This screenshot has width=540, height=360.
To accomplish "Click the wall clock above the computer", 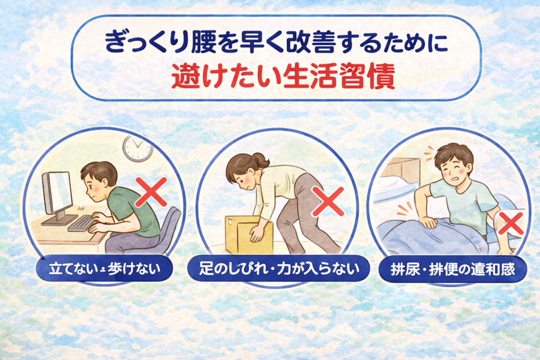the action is tap(138, 148).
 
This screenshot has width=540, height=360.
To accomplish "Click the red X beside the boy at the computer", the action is tap(151, 192).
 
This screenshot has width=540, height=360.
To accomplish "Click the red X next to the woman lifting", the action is tap(328, 202).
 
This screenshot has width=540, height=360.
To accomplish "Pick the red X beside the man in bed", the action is tap(511, 224).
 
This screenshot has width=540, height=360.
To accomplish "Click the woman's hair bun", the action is tap(261, 160).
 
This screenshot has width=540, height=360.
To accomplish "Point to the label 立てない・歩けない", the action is tap(104, 269).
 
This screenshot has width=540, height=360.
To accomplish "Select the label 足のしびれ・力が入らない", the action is tap(279, 269).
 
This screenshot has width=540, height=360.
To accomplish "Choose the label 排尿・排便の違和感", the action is tap(452, 269).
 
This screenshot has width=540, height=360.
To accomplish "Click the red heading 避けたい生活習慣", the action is tap(283, 78).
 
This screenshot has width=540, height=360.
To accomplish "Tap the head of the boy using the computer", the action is tap(98, 180).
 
